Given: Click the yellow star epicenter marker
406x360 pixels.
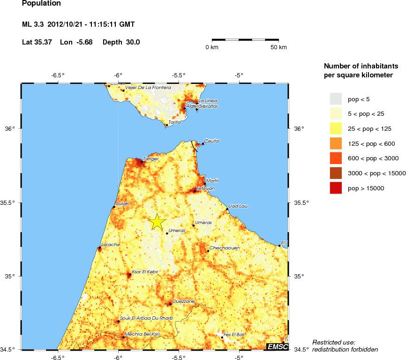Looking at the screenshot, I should point(158,222).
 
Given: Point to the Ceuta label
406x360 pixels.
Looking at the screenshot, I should point(212,141).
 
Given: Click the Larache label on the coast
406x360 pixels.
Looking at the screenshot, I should point(111,245).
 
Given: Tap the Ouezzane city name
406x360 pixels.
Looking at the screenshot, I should point(183,301).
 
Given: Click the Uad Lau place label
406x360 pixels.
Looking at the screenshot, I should point(238,206).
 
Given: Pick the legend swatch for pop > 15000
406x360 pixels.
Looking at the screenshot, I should point(336,188).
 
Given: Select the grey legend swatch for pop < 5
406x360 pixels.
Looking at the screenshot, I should point(336,99).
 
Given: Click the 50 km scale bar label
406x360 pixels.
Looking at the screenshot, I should point(278,47).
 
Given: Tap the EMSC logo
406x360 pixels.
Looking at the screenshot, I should point(277,346).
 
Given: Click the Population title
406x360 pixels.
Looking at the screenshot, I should point(41,4).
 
